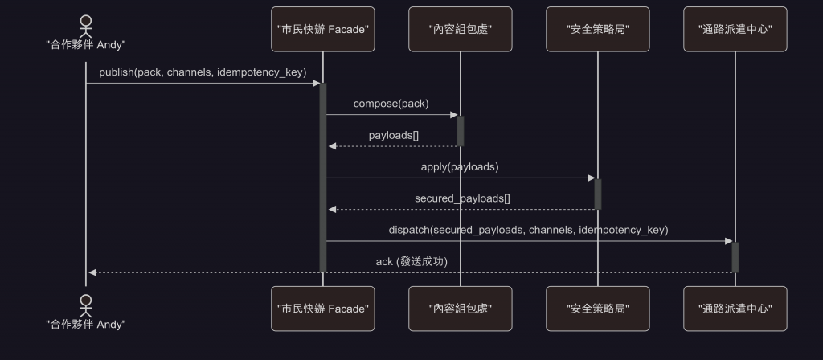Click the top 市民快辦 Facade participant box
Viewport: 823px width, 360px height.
tap(323, 29)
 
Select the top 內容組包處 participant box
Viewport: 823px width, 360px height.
tap(461, 29)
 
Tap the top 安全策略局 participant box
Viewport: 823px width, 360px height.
tap(597, 29)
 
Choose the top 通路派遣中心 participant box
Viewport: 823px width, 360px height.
tap(735, 29)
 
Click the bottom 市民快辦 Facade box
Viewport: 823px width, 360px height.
tap(323, 309)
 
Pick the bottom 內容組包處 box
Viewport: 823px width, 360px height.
tap(461, 309)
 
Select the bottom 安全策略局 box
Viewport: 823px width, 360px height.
tap(597, 309)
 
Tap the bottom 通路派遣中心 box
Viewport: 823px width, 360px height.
tap(735, 309)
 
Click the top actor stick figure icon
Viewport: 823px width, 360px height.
tap(86, 22)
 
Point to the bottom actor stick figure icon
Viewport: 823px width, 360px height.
tap(86, 303)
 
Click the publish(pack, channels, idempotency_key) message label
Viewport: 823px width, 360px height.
tap(203, 72)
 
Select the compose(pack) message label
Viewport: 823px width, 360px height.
tap(391, 104)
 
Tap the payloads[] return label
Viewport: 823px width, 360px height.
tap(394, 135)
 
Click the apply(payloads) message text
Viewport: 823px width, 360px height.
tap(460, 167)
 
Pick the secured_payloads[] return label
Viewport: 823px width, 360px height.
tap(462, 198)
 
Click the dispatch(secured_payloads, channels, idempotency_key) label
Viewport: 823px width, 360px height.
tap(528, 230)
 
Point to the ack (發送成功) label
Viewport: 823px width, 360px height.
tap(411, 262)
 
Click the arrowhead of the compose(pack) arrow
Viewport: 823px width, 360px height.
tap(453, 115)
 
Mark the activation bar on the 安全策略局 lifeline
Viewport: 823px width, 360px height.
tap(597, 194)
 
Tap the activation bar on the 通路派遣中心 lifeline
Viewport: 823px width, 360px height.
tap(735, 257)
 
